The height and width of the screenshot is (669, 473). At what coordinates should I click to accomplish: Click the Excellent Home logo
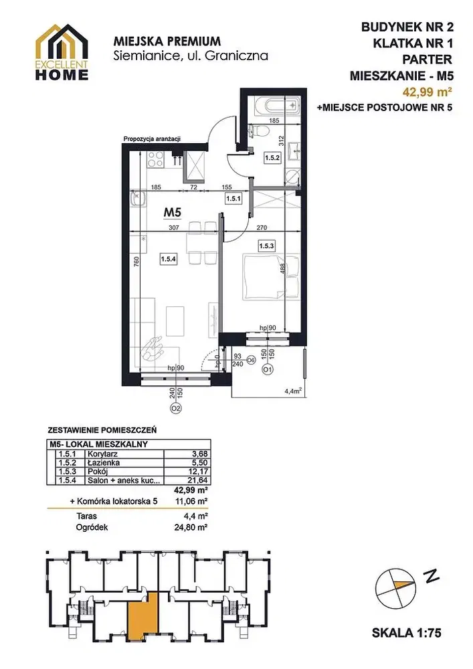point(62,52)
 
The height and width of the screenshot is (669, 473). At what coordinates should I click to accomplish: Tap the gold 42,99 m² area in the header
point(428,91)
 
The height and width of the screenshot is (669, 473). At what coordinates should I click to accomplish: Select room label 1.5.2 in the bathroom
point(272,157)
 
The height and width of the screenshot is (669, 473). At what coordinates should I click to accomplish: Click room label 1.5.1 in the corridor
point(233,198)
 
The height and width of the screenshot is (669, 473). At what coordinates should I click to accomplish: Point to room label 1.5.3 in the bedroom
point(266,246)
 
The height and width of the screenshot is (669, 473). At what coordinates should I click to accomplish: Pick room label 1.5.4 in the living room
point(169,258)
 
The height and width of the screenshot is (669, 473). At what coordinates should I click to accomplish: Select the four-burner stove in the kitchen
point(155,159)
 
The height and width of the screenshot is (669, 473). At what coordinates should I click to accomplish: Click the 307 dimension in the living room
point(173,228)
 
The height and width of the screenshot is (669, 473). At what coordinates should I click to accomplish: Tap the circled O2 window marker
point(176,408)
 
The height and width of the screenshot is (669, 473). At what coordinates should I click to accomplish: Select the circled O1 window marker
point(268,369)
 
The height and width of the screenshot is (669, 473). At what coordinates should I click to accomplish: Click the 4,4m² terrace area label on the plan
point(294,389)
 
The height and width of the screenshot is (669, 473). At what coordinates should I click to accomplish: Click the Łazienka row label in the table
point(104,462)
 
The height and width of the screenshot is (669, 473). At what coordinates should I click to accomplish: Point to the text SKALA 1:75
point(407,633)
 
